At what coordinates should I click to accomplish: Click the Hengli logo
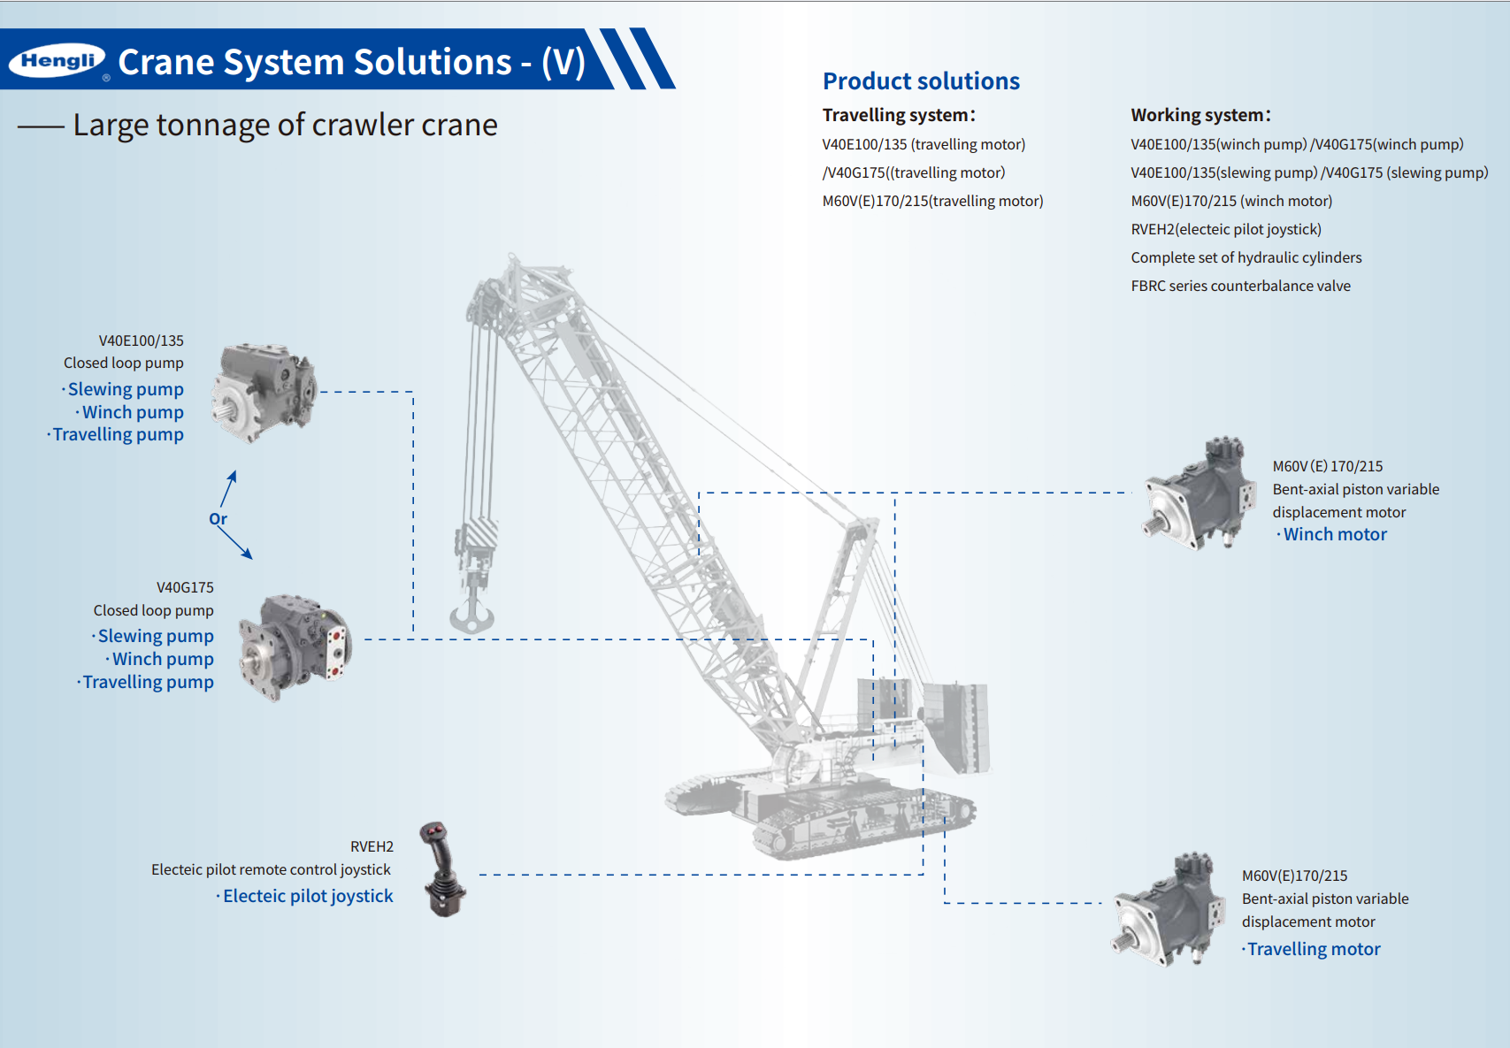pos(57,60)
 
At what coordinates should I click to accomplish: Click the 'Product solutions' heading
pos(921,81)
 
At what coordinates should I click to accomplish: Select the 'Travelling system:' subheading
pos(898,115)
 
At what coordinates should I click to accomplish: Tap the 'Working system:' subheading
pos(1200,115)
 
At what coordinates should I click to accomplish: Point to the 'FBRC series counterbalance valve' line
pos(1240,286)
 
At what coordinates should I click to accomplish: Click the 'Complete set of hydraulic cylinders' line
pos(1246,257)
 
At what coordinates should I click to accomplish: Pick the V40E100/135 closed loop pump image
pos(263,392)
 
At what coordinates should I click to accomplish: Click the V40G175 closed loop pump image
pos(295,647)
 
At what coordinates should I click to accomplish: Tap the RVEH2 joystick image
pos(442,869)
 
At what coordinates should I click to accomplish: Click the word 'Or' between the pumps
pos(218,519)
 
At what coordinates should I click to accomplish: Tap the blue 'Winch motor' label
pos(1334,534)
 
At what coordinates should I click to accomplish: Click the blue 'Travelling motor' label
pos(1313,949)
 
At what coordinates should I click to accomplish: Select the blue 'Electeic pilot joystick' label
pos(307,896)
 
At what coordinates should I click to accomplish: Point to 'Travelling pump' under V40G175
pos(148,682)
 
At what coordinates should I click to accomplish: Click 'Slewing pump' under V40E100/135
pos(126,389)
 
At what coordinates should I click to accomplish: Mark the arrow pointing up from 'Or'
pos(229,487)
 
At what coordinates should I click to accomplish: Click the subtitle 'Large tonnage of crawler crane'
pos(285,126)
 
